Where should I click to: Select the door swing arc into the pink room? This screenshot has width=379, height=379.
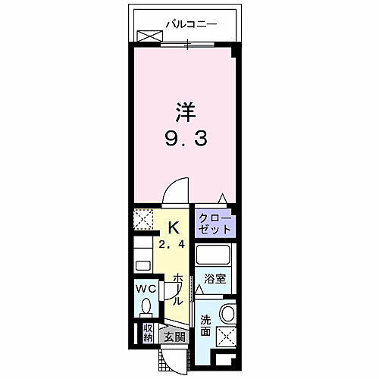[176, 189]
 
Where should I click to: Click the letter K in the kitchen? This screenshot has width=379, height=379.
[174, 226]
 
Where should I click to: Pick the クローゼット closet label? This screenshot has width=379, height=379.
[213, 223]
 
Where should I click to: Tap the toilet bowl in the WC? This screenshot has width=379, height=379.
[147, 306]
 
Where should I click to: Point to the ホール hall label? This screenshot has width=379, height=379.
[177, 288]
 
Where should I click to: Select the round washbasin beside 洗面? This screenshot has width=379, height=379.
[227, 314]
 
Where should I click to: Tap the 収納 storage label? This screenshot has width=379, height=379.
[149, 333]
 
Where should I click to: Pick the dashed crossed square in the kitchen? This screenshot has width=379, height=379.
[145, 221]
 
